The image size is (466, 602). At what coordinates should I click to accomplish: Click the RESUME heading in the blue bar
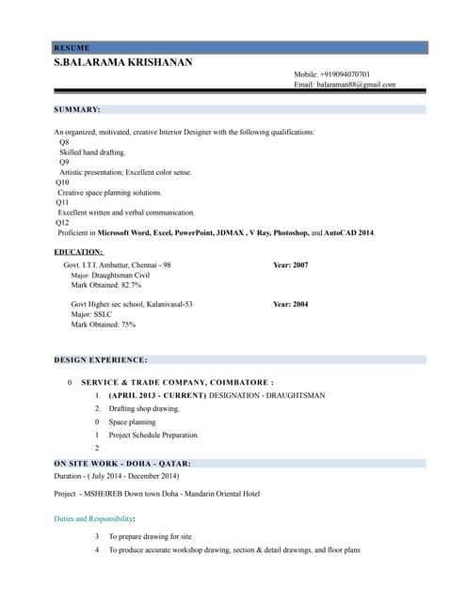click(72, 47)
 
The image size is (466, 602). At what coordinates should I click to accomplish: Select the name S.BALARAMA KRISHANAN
click(122, 62)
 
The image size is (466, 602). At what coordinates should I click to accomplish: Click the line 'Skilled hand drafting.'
click(92, 151)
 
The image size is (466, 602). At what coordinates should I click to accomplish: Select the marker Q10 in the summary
click(63, 182)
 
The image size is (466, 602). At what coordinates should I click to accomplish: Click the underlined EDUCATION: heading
click(78, 252)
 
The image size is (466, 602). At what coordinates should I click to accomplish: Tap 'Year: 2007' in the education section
click(290, 265)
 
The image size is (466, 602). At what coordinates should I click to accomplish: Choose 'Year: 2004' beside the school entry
click(290, 305)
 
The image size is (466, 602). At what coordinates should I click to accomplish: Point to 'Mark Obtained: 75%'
click(104, 325)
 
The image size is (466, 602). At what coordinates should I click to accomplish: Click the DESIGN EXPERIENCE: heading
click(101, 360)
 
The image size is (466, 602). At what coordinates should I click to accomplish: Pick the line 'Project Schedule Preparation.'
click(153, 436)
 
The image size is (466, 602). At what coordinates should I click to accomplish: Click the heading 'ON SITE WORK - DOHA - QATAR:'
click(122, 464)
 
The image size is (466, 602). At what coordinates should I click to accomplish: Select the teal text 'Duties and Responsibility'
click(93, 518)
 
